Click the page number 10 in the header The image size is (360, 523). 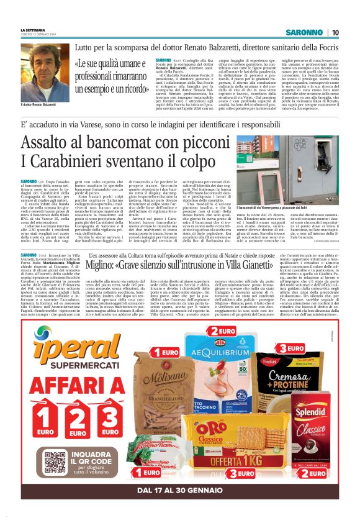[335, 32]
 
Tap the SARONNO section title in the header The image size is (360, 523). [305, 32]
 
